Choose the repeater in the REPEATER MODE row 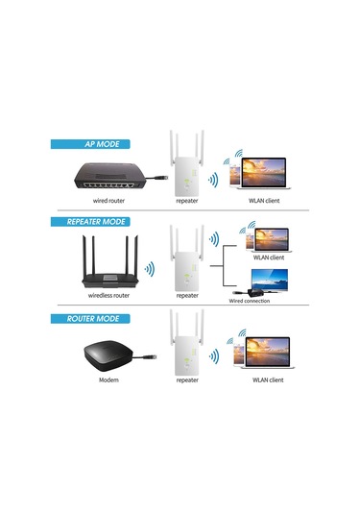pos(187,259)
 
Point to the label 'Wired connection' pos(249,301)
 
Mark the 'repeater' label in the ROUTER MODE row pos(187,380)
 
